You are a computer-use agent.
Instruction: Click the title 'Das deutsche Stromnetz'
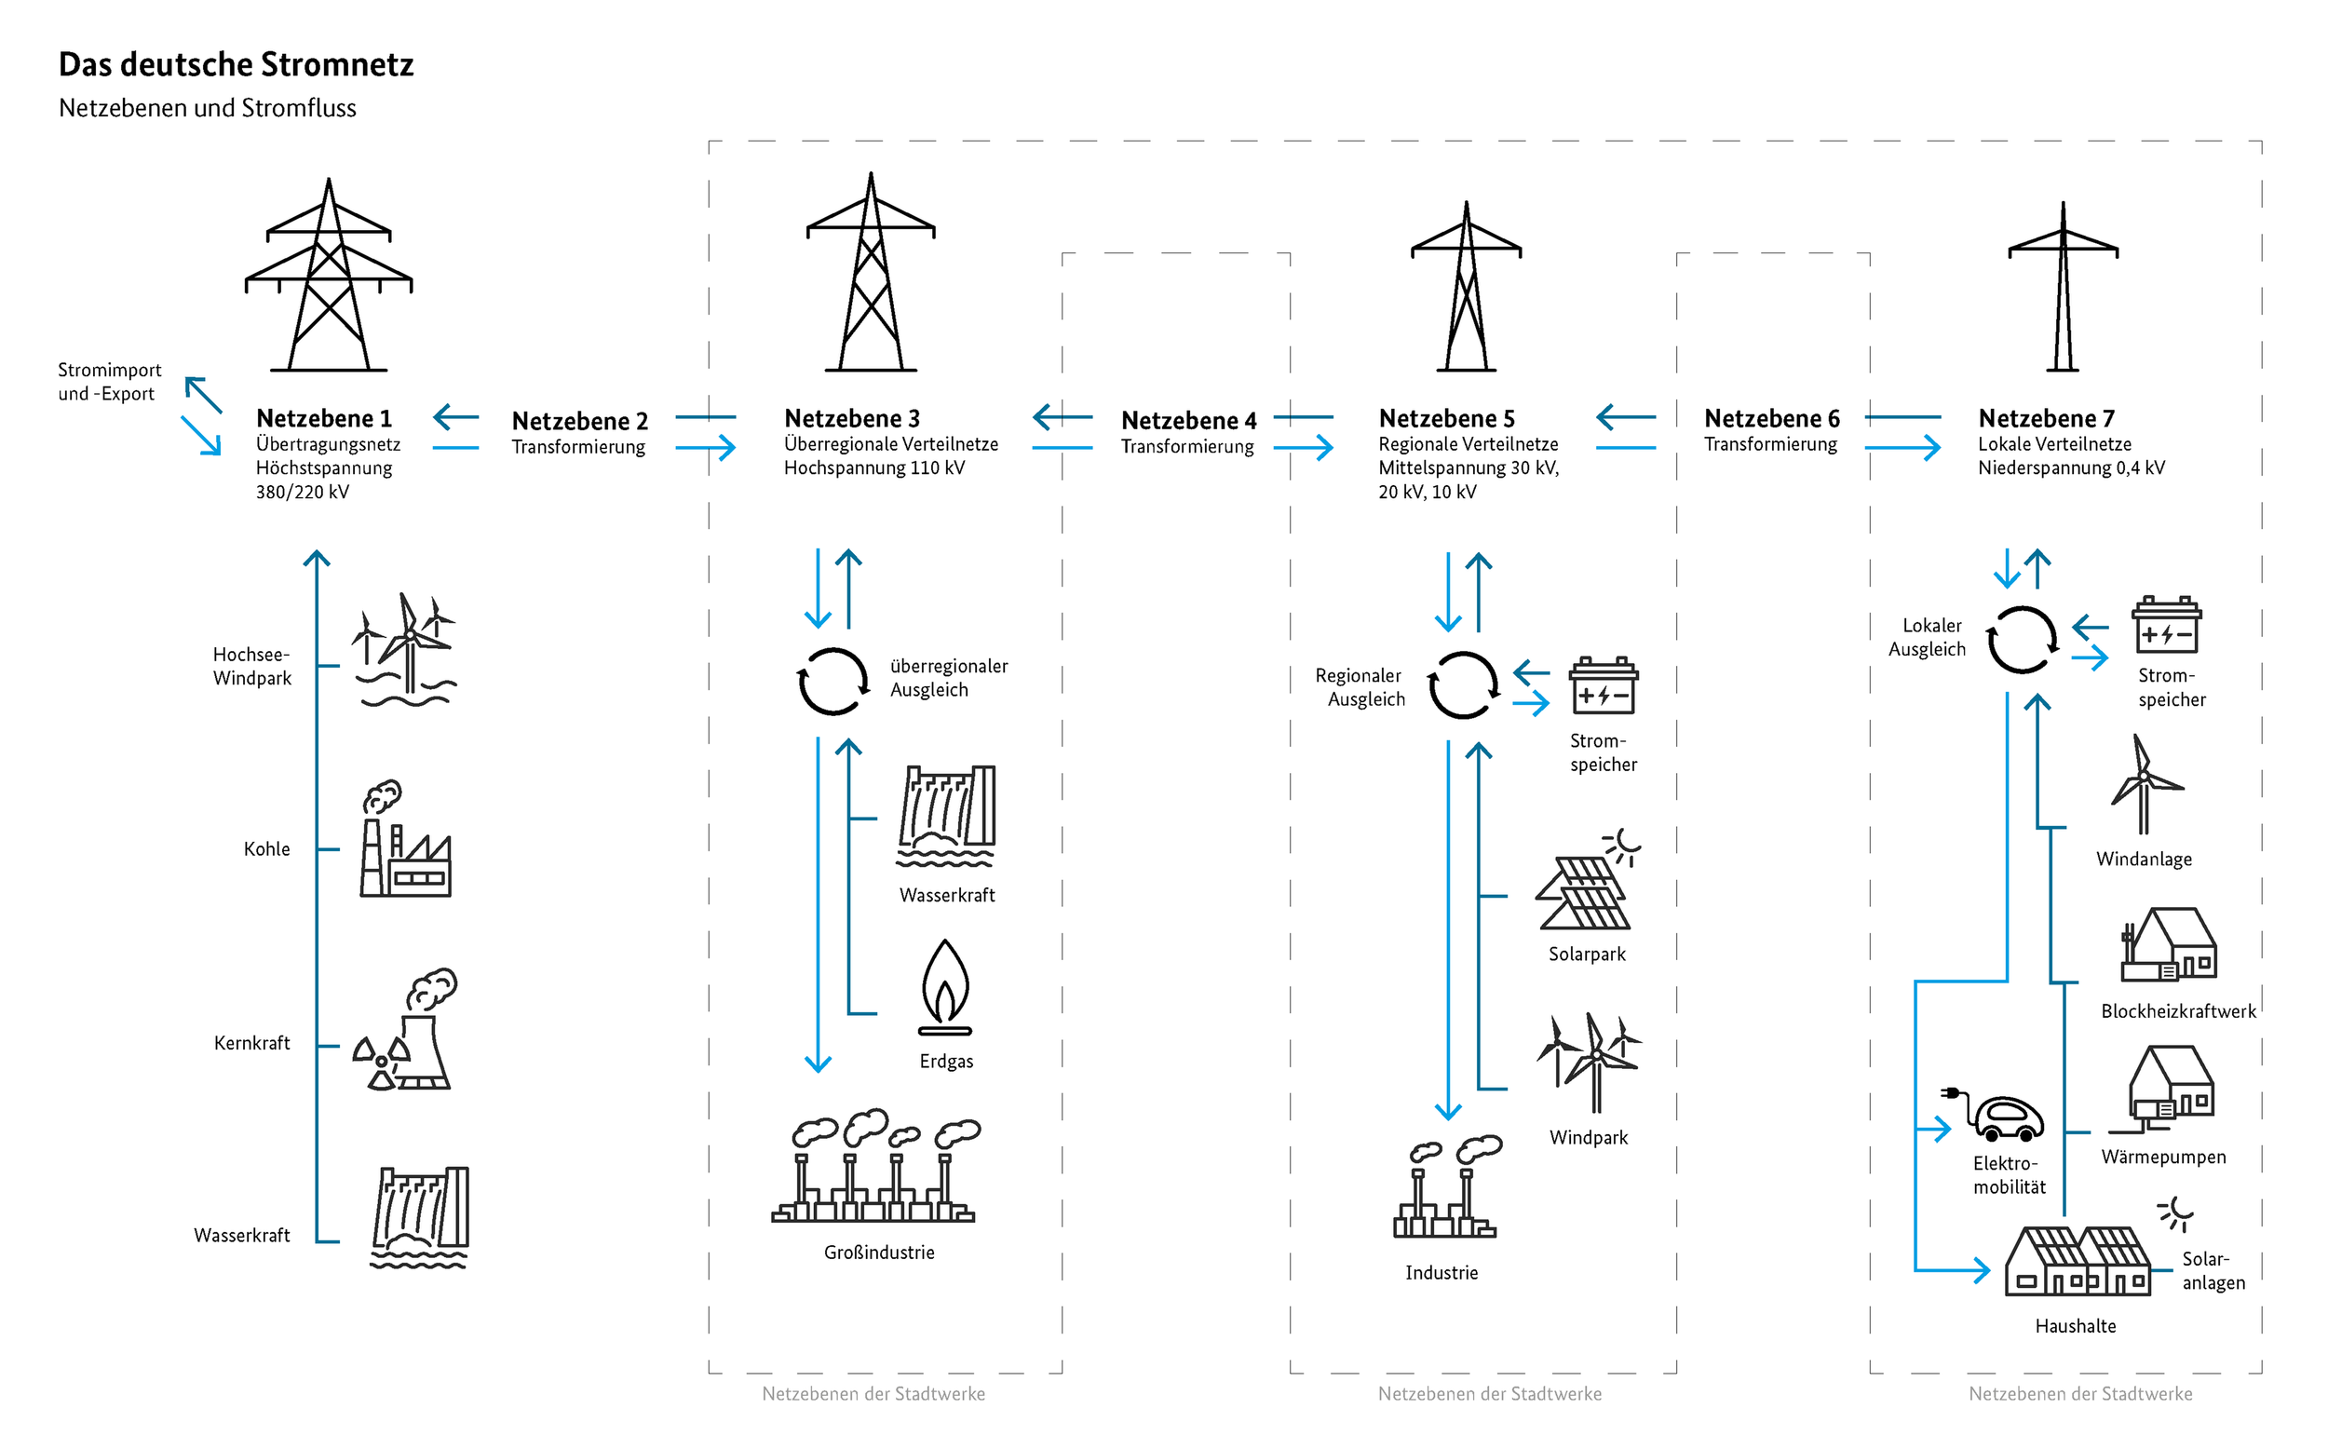click(x=236, y=64)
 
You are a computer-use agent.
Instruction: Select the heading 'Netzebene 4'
click(x=1189, y=421)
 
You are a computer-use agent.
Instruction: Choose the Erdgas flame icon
click(x=944, y=987)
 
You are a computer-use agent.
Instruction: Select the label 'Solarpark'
click(x=1587, y=955)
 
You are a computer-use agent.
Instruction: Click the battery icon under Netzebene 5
click(x=1603, y=686)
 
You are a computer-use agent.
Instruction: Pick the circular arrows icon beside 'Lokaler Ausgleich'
click(x=2022, y=640)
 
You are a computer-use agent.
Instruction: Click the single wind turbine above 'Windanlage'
click(x=2145, y=786)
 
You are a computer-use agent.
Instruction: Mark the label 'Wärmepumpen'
click(x=2163, y=1157)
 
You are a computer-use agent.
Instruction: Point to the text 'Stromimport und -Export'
click(x=109, y=382)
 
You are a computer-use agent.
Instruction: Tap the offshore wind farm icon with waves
click(x=407, y=651)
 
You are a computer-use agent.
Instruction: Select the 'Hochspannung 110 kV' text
click(x=873, y=467)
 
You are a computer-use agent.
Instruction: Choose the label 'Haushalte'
click(x=2075, y=1326)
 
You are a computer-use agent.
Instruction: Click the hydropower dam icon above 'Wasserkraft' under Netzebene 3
click(x=946, y=816)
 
